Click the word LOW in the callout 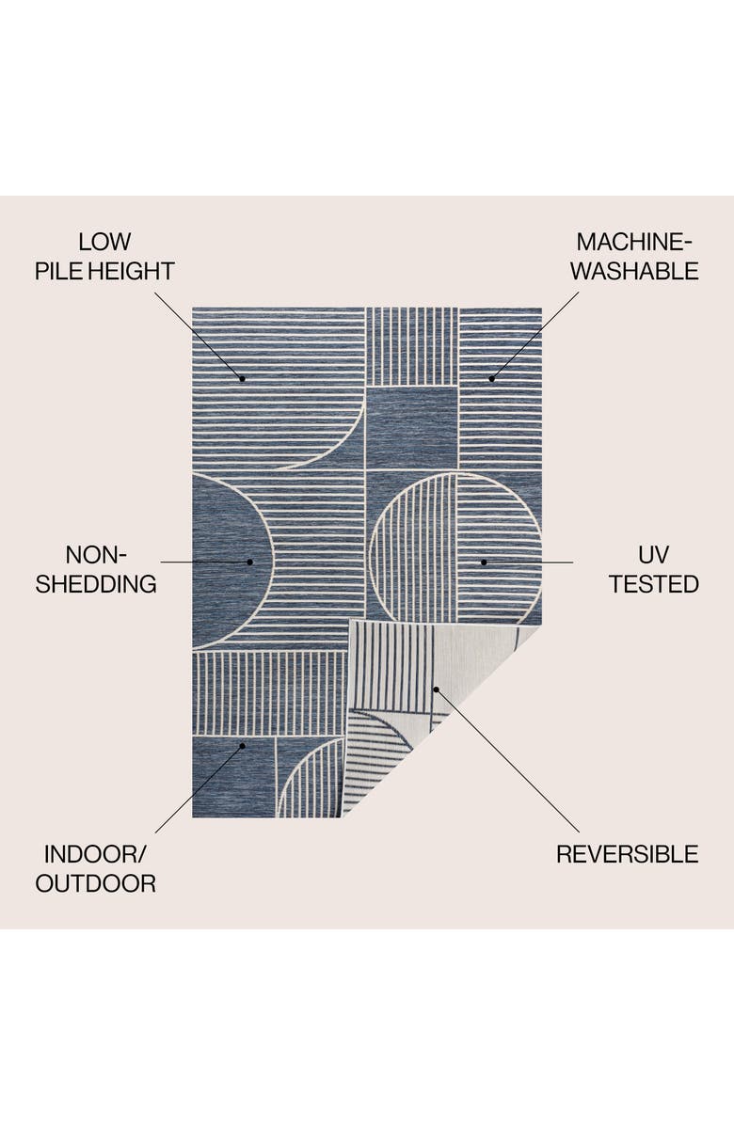coord(104,242)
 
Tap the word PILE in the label coord(56,272)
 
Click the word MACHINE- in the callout coord(636,242)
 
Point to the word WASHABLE coord(634,272)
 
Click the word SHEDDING coord(96,584)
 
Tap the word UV coord(653,554)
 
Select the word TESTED coord(653,584)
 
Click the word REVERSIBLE coord(627,854)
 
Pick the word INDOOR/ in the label coord(96,854)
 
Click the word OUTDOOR coord(96,884)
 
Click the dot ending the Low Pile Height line coord(242,378)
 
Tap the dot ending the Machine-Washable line coord(491,378)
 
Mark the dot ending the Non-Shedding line coord(250,562)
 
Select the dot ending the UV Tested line coord(484,562)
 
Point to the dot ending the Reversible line coord(436,689)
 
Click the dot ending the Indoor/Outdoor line coord(242,745)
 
